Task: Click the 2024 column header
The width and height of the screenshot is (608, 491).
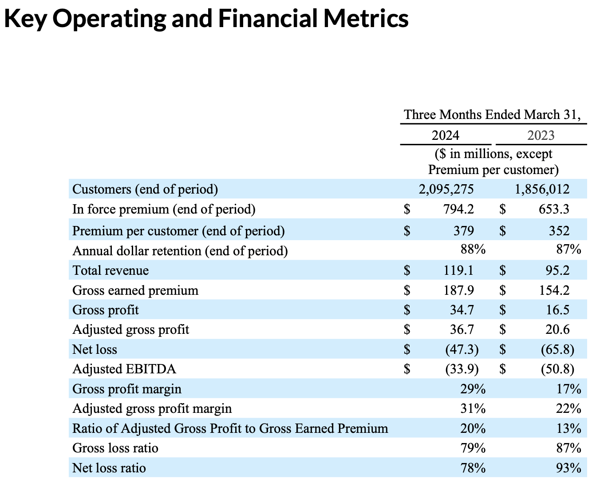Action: click(x=446, y=135)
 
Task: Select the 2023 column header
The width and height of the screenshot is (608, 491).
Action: click(x=541, y=135)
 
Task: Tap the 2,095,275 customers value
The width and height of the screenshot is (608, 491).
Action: click(x=446, y=190)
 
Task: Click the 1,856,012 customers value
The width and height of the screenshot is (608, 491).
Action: click(x=542, y=190)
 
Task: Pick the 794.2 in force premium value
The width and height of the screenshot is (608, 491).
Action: click(x=458, y=209)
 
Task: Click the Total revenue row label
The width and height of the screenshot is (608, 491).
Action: click(x=111, y=270)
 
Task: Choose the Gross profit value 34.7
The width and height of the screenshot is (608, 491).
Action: click(x=462, y=310)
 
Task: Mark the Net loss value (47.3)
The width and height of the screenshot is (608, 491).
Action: click(x=462, y=349)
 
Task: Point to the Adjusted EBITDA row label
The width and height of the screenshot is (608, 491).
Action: click(x=124, y=369)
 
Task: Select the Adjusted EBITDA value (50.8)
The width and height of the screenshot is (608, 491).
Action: click(x=557, y=369)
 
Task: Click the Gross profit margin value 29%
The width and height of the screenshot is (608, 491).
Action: click(x=473, y=389)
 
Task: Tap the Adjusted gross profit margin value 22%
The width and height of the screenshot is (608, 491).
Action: click(x=569, y=408)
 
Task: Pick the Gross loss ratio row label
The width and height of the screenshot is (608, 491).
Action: click(x=115, y=448)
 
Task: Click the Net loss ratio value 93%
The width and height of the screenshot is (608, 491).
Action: click(x=569, y=468)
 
